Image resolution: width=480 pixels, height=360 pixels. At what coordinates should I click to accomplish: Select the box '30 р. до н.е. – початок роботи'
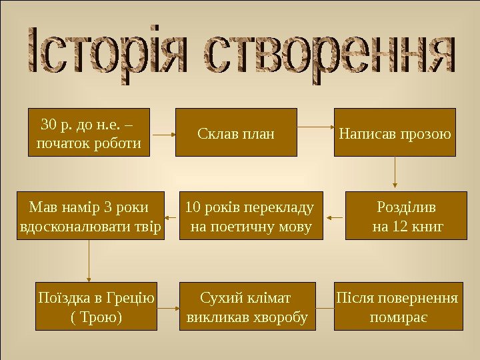point(89,132)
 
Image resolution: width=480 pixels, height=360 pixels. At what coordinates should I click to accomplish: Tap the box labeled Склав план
point(236,132)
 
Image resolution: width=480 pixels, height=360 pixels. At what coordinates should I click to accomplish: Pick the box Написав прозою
point(395,132)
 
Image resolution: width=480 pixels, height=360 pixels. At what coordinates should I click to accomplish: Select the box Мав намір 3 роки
point(91,216)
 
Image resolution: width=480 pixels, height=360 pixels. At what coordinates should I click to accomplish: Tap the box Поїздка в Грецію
point(96,306)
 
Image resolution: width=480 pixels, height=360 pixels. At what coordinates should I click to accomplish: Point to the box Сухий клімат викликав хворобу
point(246,306)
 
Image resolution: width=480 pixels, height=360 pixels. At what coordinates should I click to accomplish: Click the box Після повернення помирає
point(398,306)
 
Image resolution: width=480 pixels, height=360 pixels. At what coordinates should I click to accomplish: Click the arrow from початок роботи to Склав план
point(163,132)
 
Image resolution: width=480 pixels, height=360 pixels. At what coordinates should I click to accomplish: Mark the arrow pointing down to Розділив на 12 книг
point(395,173)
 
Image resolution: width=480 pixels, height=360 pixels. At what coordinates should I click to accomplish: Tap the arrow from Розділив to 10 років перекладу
point(333,216)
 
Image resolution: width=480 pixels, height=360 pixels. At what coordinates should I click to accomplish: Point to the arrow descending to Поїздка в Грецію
point(89,260)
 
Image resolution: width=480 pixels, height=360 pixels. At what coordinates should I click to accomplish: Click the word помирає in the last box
point(398,317)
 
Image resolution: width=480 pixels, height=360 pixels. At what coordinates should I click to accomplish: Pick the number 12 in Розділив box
point(400,227)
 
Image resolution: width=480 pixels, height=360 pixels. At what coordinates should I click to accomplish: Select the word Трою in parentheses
point(97,317)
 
